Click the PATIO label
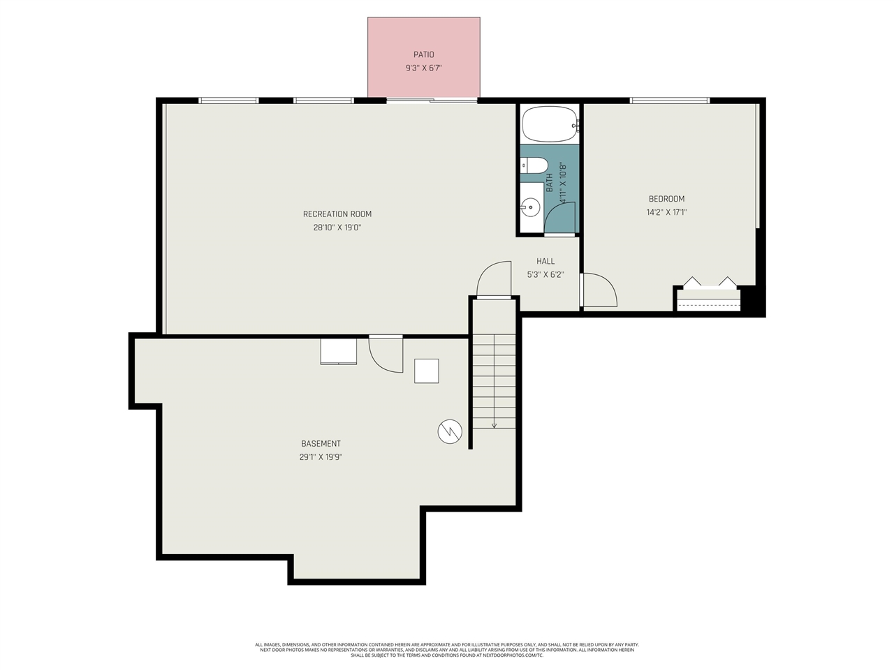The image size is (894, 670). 423,54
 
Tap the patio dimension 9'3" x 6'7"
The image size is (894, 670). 423,68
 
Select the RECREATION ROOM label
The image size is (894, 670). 337,214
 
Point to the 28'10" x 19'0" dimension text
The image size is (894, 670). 337,228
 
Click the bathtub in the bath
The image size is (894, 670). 550,124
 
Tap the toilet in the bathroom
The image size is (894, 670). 535,165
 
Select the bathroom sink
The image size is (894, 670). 531,207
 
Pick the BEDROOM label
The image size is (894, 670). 666,199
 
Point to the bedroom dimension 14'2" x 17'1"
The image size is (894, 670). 666,212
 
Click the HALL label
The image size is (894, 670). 545,261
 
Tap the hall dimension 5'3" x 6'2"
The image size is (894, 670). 545,275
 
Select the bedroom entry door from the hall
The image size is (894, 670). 599,290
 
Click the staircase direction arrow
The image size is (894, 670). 494,424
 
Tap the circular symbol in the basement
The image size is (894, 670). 450,431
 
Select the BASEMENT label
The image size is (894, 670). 321,444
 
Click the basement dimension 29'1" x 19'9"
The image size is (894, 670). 321,458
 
